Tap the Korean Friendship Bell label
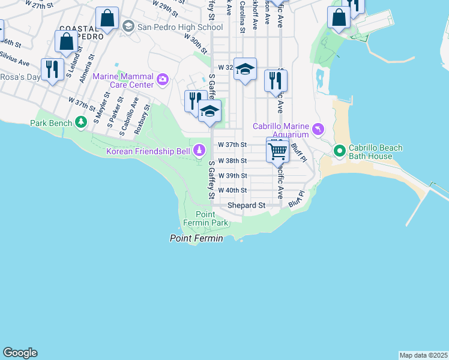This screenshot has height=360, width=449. click(148, 151)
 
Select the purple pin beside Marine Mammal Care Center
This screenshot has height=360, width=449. click(162, 79)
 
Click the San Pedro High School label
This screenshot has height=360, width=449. click(180, 27)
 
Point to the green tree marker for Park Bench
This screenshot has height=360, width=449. click(81, 123)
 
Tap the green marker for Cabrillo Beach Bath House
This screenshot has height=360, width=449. click(339, 150)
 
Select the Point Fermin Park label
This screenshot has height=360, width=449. click(212, 219)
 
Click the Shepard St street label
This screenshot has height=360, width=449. click(246, 205)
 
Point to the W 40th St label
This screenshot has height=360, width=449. click(232, 190)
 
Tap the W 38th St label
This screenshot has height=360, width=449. click(232, 161)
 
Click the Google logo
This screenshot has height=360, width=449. click(20, 353)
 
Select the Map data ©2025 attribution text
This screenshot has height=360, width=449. click(423, 355)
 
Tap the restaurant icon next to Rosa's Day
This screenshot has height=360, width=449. click(53, 69)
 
